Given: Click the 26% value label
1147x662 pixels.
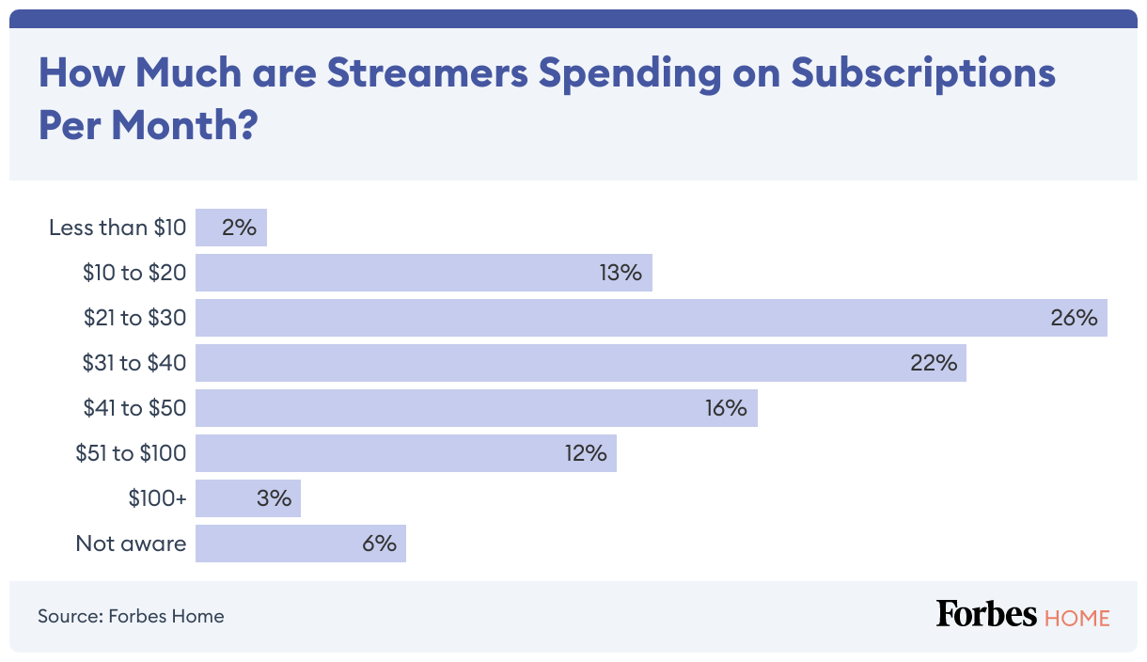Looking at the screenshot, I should tap(1074, 318).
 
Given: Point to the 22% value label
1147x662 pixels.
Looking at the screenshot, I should tap(933, 363).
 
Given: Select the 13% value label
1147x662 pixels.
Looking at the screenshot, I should tap(619, 273).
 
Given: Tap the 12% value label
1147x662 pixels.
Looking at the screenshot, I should tap(585, 453).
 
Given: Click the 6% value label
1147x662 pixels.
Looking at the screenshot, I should tap(378, 544).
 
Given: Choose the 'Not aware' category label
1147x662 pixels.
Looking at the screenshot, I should tap(131, 544).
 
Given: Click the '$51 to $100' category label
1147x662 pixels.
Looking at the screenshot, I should tap(131, 453).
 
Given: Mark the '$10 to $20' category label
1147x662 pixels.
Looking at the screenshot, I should tap(134, 273).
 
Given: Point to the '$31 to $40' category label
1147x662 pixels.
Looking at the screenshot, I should tap(134, 363).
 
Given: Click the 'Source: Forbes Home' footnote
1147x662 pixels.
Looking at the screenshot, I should tap(131, 617).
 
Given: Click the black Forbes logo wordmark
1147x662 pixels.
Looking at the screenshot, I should tap(986, 615).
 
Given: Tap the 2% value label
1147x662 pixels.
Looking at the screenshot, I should tap(239, 228).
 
